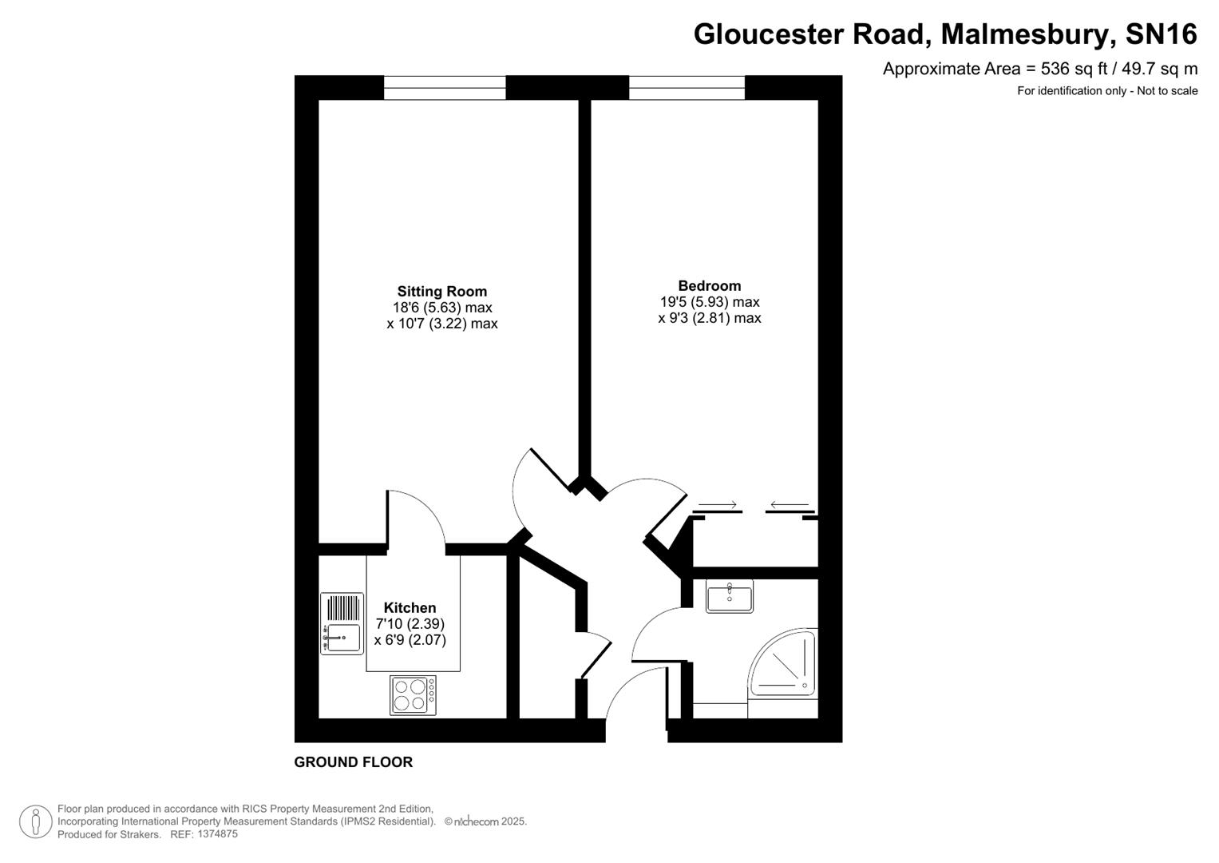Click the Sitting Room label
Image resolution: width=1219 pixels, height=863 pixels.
441,292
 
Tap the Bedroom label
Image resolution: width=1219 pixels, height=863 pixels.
709,285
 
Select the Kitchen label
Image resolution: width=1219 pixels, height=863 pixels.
410,608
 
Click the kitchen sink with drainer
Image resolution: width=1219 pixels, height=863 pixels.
342,624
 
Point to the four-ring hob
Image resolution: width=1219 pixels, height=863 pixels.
413,695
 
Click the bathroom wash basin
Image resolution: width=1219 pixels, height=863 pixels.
729,596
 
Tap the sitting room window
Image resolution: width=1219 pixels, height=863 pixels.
445,87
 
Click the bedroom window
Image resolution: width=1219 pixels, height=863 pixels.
687,87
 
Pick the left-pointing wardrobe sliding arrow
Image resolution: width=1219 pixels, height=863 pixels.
790,505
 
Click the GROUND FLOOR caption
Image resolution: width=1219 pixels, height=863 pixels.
353,762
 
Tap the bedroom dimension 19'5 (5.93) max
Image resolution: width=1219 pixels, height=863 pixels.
709,302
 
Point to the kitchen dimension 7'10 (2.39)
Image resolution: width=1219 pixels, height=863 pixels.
410,624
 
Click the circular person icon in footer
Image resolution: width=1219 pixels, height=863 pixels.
36,821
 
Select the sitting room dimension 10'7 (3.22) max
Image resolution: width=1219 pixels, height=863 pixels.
441,324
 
